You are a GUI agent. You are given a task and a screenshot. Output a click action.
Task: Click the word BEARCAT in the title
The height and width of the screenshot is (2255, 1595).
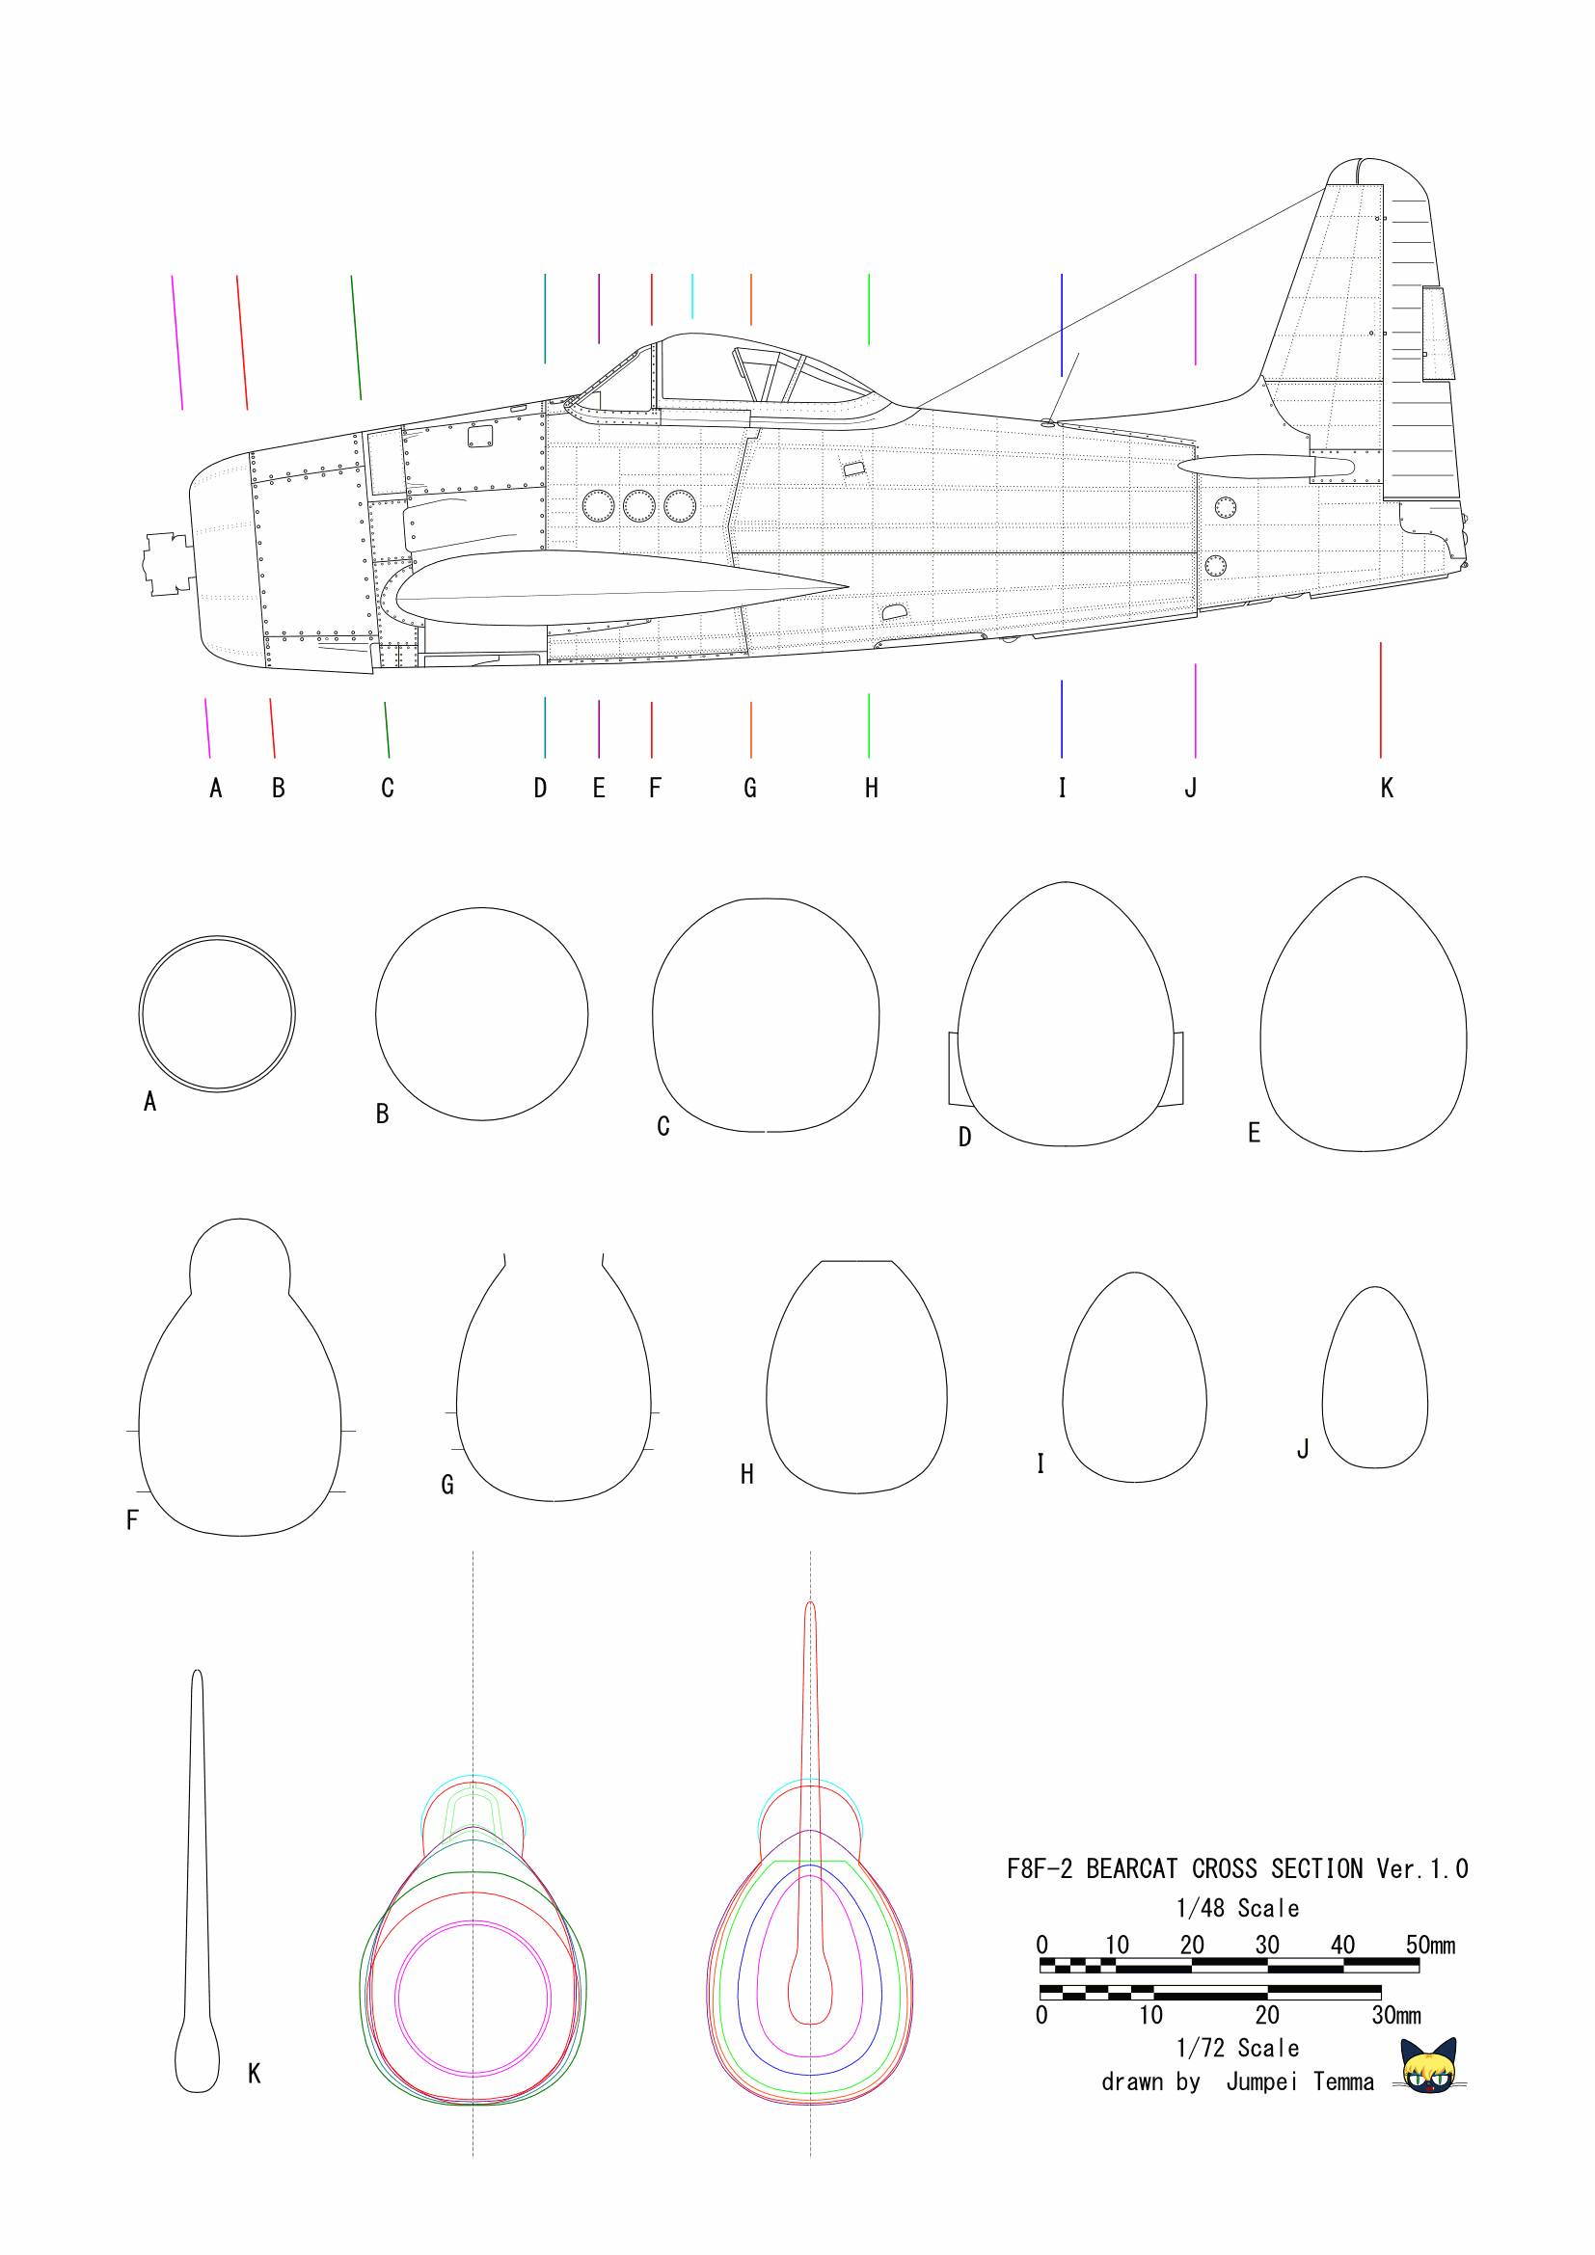pos(1131,1869)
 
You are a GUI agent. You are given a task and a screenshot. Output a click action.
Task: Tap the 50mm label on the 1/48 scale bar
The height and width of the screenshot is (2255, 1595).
pos(1430,1946)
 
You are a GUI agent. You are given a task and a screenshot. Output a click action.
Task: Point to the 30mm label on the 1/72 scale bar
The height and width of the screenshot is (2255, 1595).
pos(1396,2015)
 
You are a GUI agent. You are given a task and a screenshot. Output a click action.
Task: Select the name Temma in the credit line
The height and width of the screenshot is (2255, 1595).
pos(1343,2081)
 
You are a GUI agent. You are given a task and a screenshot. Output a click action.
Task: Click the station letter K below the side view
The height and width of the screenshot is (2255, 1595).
pos(1387,788)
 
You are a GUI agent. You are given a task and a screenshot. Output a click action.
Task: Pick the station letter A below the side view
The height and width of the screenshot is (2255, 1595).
pos(216,788)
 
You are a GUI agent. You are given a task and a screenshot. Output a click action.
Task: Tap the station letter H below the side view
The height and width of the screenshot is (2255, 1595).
pos(871,788)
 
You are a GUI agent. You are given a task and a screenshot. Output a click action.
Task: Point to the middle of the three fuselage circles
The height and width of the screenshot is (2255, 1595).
pos(638,506)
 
